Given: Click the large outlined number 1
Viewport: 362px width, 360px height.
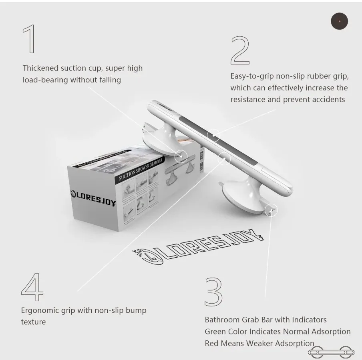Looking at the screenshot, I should [29, 39].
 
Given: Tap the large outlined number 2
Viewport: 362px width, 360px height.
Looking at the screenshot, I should [240, 50].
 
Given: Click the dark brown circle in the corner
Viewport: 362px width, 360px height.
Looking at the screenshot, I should [339, 21].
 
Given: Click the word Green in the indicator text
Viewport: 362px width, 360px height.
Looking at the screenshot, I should [215, 332].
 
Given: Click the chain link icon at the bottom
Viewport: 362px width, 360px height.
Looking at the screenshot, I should [331, 352].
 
